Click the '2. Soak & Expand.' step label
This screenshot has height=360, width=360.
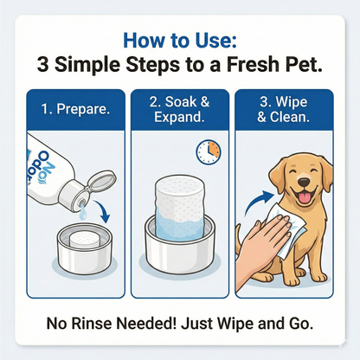[179, 110]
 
